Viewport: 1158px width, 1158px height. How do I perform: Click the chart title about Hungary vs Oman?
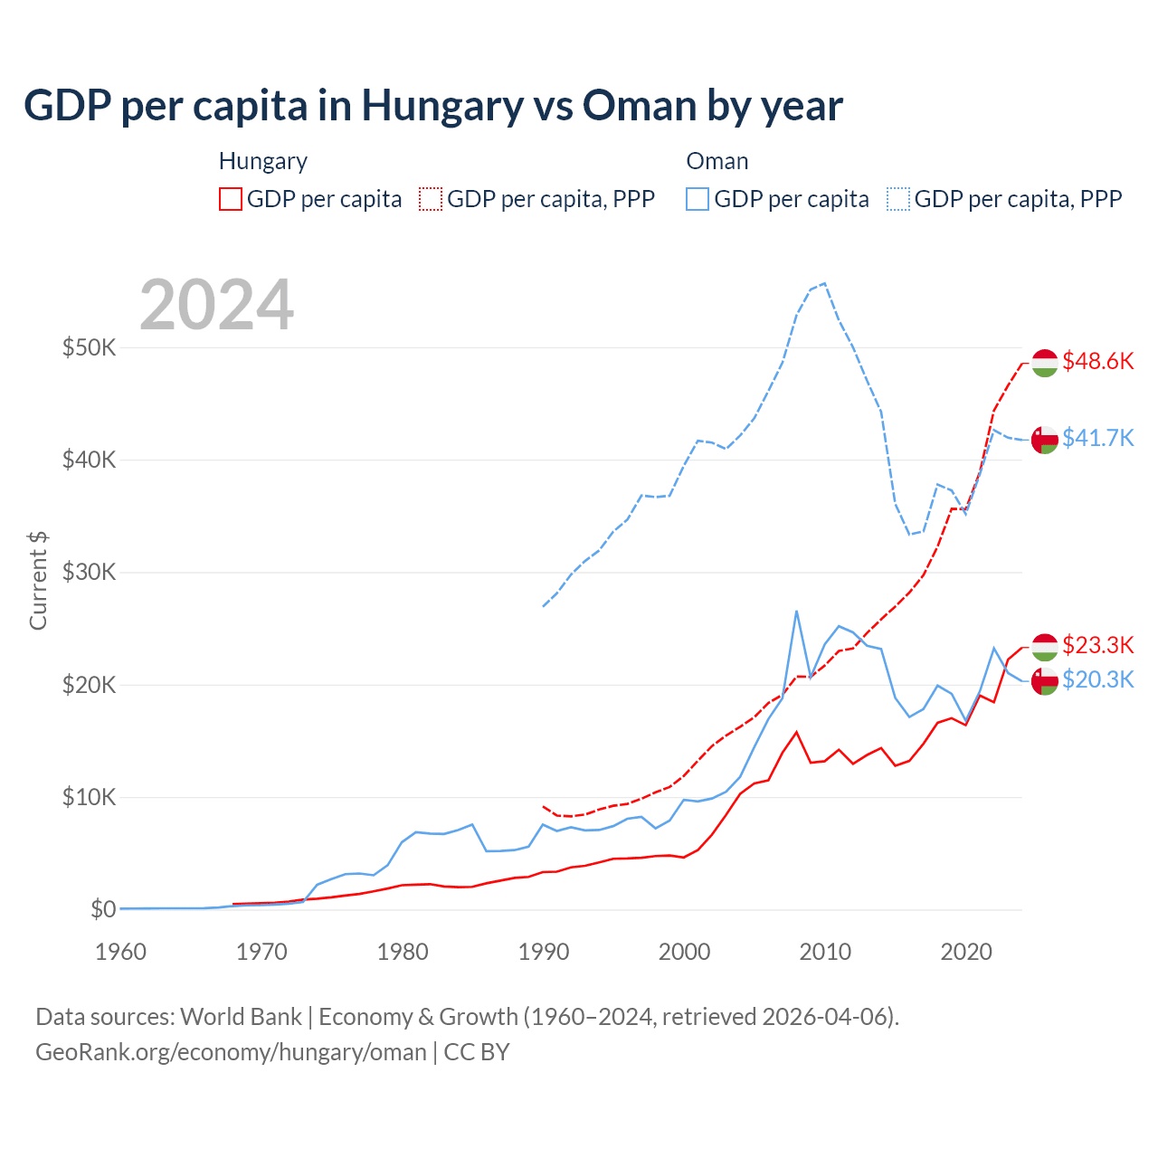pos(433,106)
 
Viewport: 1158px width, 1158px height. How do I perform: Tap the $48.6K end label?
pos(1097,362)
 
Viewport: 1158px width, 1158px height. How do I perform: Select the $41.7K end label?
pos(1097,439)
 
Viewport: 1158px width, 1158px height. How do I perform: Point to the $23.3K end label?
pos(1097,645)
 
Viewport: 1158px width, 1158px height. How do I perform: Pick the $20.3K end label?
pos(1097,679)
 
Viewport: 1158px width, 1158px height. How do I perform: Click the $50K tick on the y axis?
pos(89,347)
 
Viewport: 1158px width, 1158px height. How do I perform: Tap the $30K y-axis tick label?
pos(89,573)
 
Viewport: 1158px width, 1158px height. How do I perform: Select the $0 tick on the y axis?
pos(102,909)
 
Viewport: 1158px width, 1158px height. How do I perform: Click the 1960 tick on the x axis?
pos(120,952)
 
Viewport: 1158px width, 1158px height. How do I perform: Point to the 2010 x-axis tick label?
pos(825,952)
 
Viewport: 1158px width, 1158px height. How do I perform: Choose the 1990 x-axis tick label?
pos(544,952)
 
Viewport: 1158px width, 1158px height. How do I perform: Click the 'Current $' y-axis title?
pos(38,580)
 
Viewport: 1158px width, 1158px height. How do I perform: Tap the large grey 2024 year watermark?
pos(217,305)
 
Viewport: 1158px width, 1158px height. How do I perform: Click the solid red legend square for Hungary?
pos(231,199)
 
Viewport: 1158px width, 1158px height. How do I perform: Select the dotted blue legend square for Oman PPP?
pos(898,199)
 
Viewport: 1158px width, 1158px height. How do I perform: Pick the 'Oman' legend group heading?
pos(717,161)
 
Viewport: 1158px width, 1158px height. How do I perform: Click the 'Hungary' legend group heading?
pos(263,161)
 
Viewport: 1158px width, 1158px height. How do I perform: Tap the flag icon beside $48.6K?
pos(1045,363)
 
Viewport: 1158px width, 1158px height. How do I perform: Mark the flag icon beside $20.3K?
pos(1045,680)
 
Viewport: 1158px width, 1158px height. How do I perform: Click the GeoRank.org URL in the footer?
pos(231,1052)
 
